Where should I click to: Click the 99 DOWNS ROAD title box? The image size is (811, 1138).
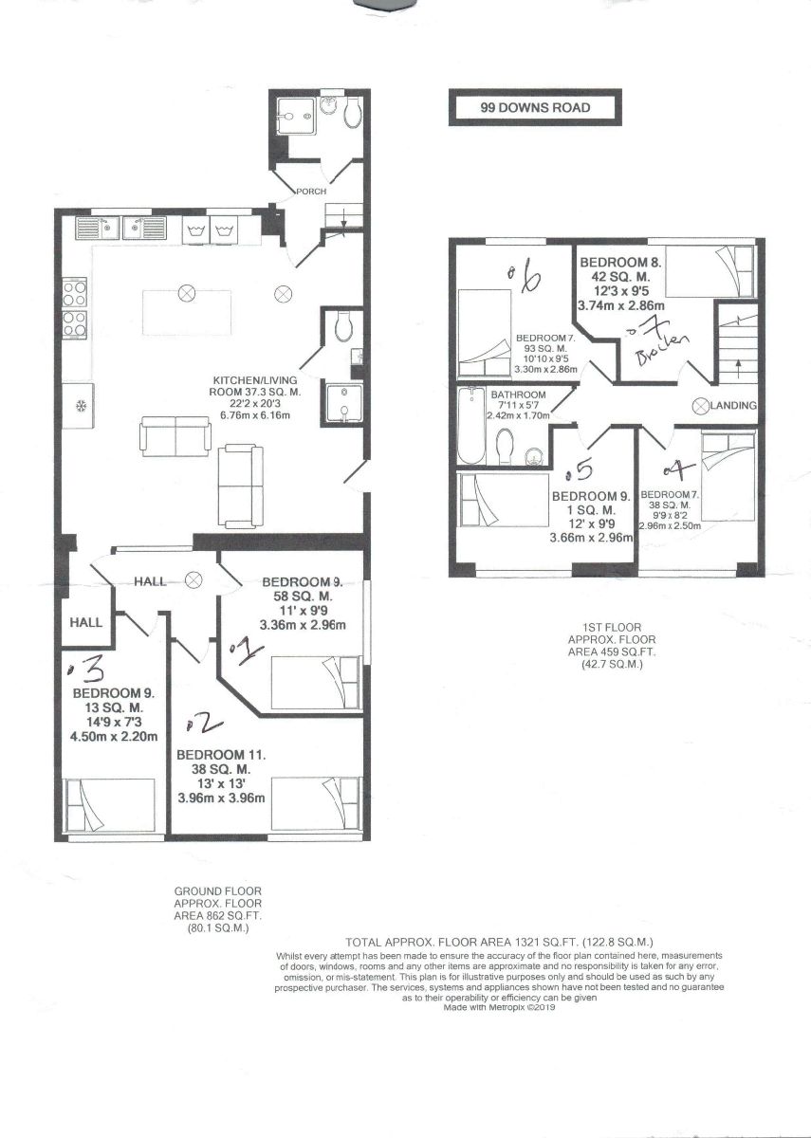click(535, 107)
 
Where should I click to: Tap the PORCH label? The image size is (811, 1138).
click(310, 192)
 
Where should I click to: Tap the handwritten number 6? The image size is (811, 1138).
click(528, 279)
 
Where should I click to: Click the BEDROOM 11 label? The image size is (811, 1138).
click(220, 755)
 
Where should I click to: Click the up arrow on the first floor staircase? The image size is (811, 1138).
click(736, 365)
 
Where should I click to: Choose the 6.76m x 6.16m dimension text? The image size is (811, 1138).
click(251, 415)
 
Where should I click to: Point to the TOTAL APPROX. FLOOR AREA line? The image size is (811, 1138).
click(500, 942)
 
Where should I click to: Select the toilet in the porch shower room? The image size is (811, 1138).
click(353, 115)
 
